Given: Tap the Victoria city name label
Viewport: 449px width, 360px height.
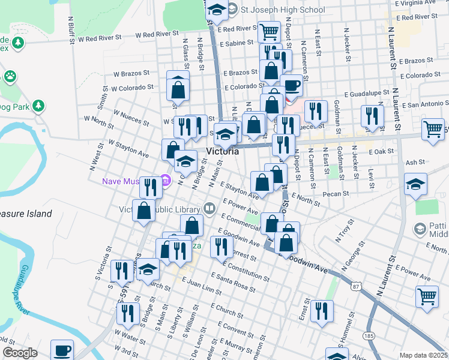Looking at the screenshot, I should pos(222,151).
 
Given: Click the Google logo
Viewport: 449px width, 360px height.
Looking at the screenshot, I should pos(20,353).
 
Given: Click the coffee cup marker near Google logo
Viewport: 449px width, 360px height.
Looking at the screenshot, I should pos(62,349).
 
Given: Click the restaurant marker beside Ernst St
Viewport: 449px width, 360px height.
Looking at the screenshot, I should pos(322,310).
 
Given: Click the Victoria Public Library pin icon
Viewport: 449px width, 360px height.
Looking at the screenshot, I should pos(209,209).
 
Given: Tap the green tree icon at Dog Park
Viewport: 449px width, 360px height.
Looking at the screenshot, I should pos(38,106).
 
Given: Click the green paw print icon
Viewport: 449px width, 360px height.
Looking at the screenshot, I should pos(10,76).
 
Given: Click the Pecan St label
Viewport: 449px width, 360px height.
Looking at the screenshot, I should pos(336,194).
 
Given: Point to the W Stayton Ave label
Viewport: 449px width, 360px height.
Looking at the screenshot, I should pos(128,149).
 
